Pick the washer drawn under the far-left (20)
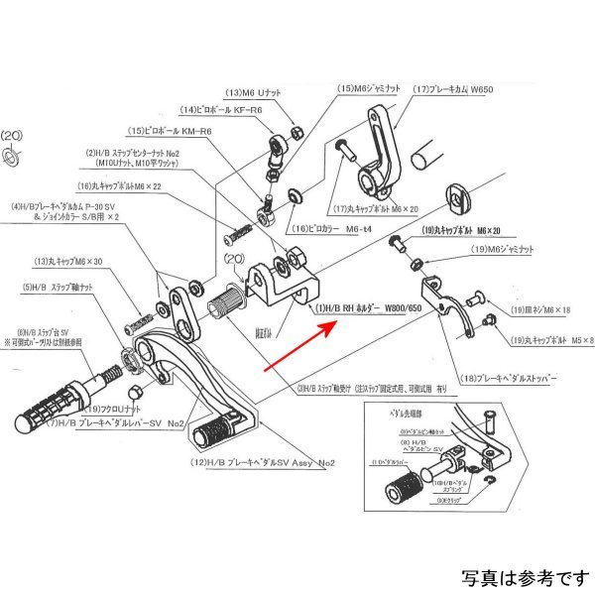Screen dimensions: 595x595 point(12,156)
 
